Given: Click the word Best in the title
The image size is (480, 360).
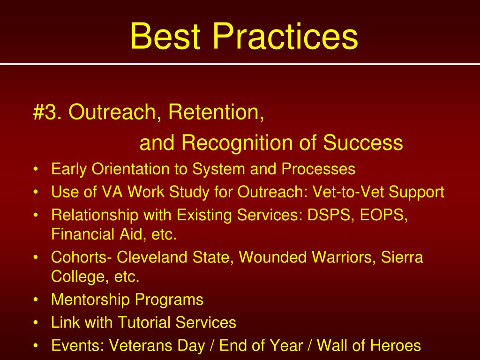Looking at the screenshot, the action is pos(165,36).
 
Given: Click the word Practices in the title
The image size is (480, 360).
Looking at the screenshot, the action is pos(285,36).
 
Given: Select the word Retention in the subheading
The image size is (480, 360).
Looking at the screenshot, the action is pos(216,112).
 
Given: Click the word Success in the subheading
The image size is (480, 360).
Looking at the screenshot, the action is pos(363,142).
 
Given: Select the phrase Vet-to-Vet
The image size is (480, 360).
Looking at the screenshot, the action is pos(348,192).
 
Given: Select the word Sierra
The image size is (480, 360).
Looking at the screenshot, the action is pos(402,257).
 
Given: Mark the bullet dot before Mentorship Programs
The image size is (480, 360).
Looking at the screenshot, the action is pos(36,300).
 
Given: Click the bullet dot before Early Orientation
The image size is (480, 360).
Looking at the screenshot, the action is pos(36,169).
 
